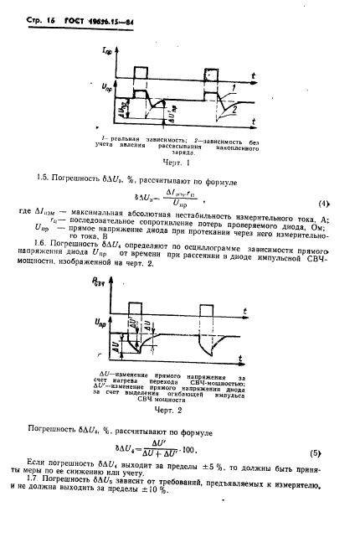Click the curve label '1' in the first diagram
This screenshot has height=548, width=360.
pos(240,87)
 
